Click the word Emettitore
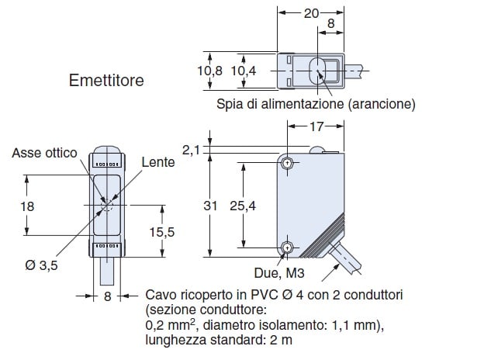(106, 80)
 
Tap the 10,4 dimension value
(243, 71)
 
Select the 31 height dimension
(209, 206)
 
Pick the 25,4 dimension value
(243, 206)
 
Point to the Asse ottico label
(44, 153)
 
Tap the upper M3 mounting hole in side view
(287, 164)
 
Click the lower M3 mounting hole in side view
(287, 247)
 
